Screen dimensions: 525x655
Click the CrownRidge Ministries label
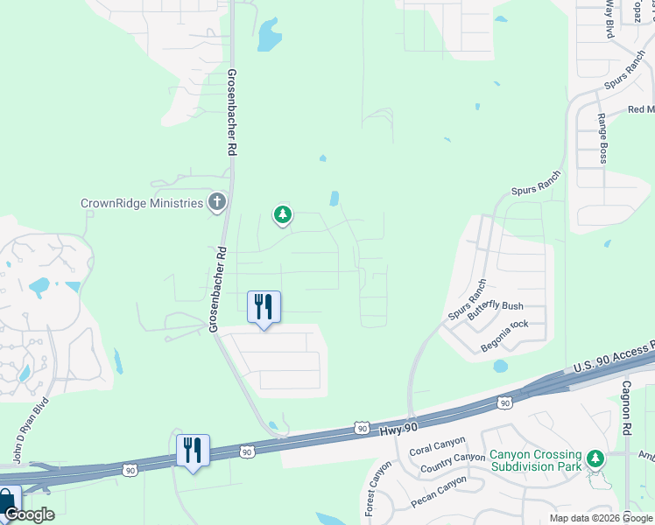click(x=141, y=203)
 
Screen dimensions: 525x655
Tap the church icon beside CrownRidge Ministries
click(x=216, y=203)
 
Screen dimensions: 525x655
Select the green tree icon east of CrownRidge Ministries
click(x=282, y=213)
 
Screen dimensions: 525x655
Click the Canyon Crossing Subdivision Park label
click(x=534, y=460)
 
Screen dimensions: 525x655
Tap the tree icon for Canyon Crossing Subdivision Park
click(x=595, y=458)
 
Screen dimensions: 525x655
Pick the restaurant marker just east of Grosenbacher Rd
click(x=264, y=307)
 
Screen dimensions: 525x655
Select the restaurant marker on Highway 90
click(x=193, y=451)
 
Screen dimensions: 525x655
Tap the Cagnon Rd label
click(x=627, y=408)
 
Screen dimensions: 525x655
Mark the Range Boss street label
click(x=602, y=138)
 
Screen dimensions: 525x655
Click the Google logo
click(x=29, y=514)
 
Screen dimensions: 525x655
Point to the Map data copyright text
click(x=602, y=518)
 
